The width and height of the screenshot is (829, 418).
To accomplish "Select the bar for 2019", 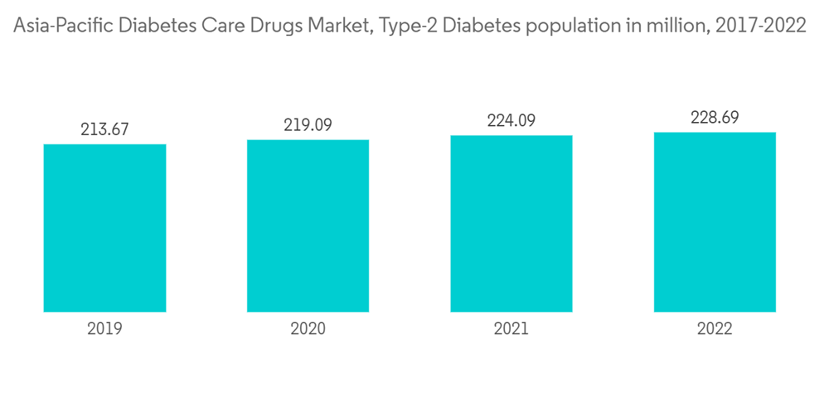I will coord(104,228).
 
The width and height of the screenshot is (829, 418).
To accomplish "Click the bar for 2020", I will coord(308,226).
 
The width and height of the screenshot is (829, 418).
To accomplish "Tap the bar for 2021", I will coord(511,223).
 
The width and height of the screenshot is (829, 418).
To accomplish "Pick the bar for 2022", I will coord(715,221).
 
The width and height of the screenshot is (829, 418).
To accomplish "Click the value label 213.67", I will coord(104,129).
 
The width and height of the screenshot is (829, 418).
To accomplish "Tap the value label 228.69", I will coord(715,117).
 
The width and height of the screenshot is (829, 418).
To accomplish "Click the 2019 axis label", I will coord(104,328).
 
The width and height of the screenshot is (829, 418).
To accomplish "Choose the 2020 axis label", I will coord(308,328).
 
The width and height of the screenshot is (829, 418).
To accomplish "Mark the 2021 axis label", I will coord(511,328).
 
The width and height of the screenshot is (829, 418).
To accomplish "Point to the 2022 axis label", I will coord(715,328).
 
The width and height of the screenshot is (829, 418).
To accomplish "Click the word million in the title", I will coord(666,26).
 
